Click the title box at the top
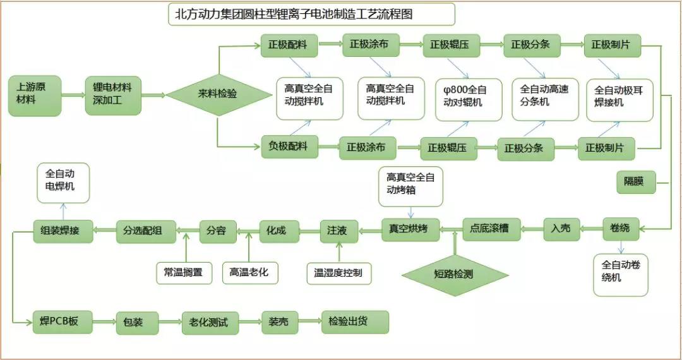[311, 14]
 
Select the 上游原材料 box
[35, 95]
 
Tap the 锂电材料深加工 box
[113, 95]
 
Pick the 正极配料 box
[289, 45]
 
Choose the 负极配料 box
[289, 147]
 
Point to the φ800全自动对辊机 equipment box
[469, 99]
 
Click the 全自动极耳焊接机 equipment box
[619, 99]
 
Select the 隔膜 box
[635, 183]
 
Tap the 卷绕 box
[620, 228]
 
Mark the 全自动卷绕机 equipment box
[620, 273]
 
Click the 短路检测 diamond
[455, 274]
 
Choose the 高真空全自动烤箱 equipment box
[410, 186]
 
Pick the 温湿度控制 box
[339, 273]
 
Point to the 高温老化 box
[249, 273]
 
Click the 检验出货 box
[354, 322]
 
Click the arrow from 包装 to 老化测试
[170, 322]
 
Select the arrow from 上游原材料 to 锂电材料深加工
[73, 95]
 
